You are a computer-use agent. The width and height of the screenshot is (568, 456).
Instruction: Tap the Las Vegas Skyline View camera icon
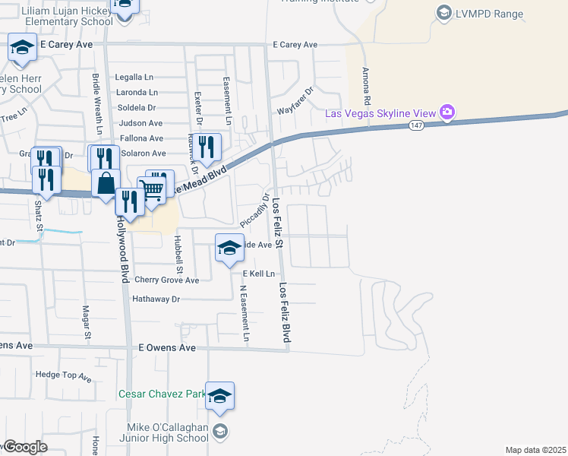pyautogui.click(x=447, y=113)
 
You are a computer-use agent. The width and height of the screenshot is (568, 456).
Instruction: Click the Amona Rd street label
pyautogui.click(x=366, y=86)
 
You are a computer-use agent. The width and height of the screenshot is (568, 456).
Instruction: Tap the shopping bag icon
pyautogui.click(x=106, y=183)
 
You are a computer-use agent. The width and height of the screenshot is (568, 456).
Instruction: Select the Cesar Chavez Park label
pyautogui.click(x=162, y=394)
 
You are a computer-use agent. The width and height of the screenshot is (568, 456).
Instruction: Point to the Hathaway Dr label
pyautogui.click(x=156, y=299)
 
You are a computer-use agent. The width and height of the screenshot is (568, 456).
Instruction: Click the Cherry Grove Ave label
pyautogui.click(x=166, y=280)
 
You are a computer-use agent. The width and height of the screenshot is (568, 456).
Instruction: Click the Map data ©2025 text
pyautogui.click(x=535, y=449)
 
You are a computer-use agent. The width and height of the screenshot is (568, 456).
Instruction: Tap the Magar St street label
pyautogui.click(x=87, y=321)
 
